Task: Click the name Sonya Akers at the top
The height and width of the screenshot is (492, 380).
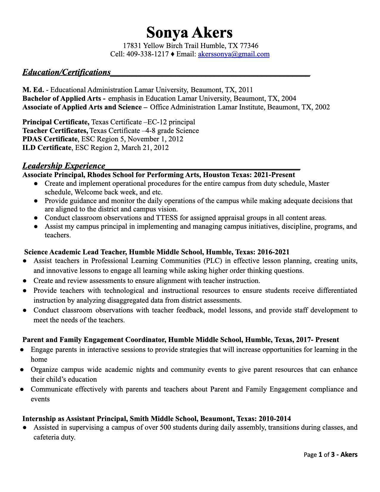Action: (189, 33)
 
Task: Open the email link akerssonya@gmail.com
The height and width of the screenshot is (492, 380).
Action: (234, 54)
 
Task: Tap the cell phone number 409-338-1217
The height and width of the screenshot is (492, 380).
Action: (148, 54)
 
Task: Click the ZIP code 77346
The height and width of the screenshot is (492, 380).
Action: (249, 46)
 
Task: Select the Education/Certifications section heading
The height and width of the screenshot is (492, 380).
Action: (66, 72)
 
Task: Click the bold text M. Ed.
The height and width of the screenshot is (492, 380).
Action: (33, 90)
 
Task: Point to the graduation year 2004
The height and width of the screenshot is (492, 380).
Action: (289, 99)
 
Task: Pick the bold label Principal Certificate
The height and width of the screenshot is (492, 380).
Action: (56, 122)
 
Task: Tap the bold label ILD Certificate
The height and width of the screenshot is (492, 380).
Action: (47, 148)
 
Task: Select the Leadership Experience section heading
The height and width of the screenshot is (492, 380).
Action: (64, 166)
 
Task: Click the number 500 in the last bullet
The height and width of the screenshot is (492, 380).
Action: (165, 428)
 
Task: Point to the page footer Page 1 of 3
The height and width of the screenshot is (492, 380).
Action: (320, 455)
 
